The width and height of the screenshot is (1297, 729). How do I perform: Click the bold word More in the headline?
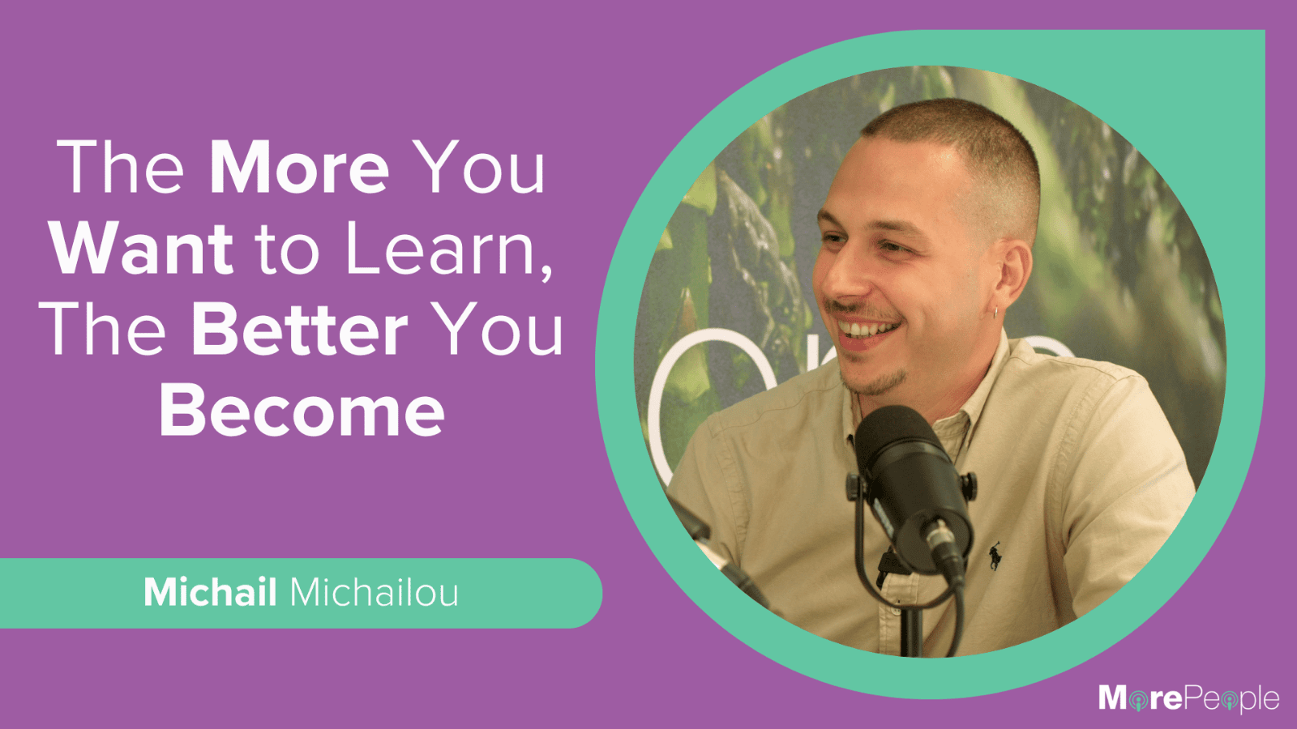tap(299, 167)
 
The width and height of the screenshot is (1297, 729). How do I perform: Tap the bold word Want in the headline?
tap(142, 249)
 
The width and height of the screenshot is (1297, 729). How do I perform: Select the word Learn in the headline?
tap(440, 249)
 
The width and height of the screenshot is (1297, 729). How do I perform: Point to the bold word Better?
tap(299, 330)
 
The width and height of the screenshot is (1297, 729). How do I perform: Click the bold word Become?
tap(302, 411)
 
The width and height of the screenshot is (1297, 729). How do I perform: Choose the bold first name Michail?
tap(210, 592)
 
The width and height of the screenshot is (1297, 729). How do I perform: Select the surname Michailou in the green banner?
tap(374, 592)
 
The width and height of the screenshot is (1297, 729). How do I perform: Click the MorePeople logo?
tap(1188, 698)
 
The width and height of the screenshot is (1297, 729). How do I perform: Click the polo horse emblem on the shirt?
tap(995, 556)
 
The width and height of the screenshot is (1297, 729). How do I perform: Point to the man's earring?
tap(995, 313)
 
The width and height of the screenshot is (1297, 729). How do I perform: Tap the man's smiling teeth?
tap(868, 330)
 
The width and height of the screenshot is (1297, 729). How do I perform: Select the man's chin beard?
tap(875, 381)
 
